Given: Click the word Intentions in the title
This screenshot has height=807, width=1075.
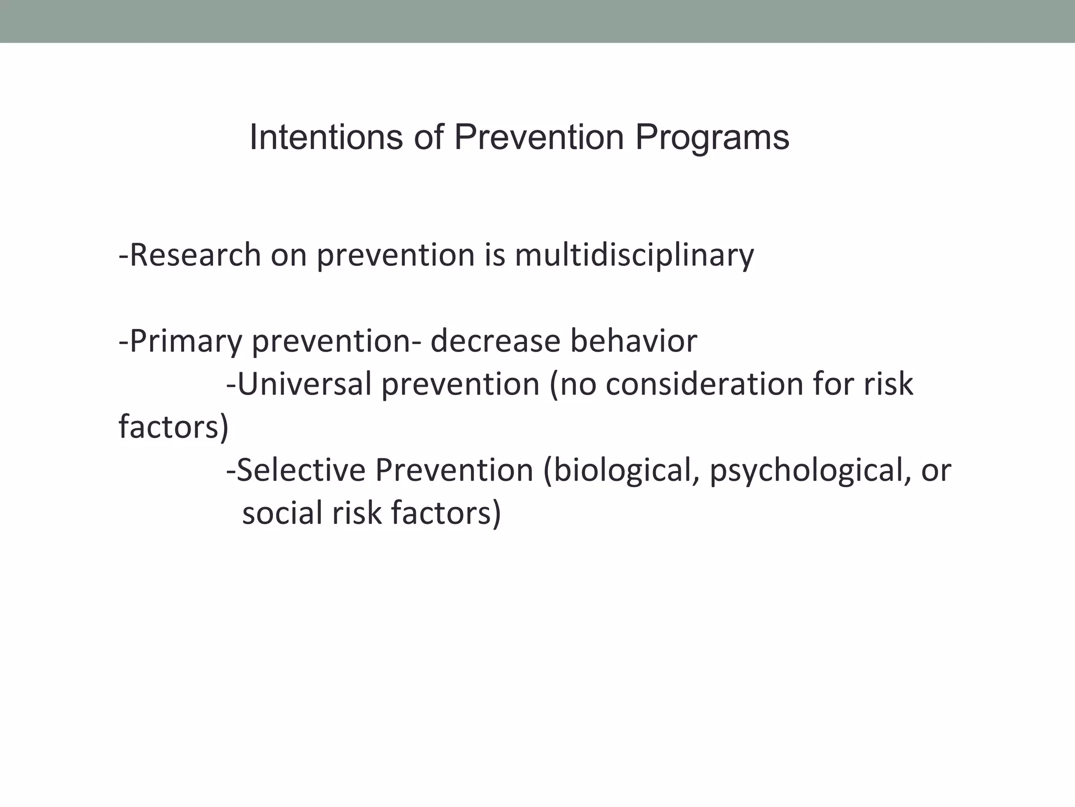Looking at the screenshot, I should (326, 138).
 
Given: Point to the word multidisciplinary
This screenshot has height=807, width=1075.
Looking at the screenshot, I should (634, 256).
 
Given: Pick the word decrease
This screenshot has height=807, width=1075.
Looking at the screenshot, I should (495, 342).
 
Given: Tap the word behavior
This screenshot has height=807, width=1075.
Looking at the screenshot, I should (634, 342).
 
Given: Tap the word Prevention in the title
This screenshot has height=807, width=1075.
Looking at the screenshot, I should (539, 138).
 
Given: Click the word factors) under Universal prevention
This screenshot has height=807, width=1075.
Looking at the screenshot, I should (174, 427).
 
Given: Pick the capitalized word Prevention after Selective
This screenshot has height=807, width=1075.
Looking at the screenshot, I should (454, 470).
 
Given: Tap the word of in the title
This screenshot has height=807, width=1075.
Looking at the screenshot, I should (429, 138).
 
